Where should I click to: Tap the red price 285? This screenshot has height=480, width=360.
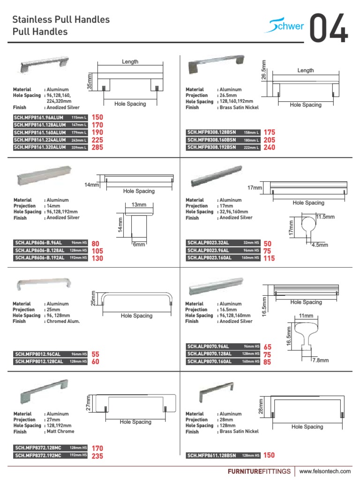pos(97,147)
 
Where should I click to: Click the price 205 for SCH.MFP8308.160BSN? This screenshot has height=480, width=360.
pos(270,140)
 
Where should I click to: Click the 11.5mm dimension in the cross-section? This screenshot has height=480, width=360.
pos(325,217)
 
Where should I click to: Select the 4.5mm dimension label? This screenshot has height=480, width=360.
pos(320,245)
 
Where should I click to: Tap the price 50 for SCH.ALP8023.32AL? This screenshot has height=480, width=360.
pos(268,243)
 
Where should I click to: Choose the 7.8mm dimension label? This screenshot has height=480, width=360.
pos(322,360)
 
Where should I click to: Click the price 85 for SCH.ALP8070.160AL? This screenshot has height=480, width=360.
pos(268,362)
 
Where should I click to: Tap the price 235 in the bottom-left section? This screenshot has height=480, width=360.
pos(97,456)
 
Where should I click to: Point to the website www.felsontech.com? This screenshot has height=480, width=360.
pos(325,471)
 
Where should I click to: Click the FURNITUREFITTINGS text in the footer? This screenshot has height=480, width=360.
pos(259,471)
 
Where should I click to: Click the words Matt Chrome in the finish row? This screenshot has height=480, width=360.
pos(60,431)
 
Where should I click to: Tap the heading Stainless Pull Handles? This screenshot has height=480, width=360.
pos(61,20)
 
